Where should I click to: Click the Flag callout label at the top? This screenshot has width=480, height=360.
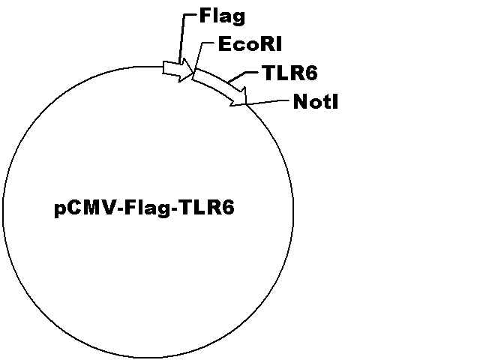pos(222,16)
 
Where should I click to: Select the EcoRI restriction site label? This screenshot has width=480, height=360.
pos(250,43)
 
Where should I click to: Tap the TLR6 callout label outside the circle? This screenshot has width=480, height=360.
pos(290,73)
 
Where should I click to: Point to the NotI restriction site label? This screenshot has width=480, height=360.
pos(316,101)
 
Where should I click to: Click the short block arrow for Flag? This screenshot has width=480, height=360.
pos(178,70)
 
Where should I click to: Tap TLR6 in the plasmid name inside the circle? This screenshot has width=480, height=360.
pos(207,208)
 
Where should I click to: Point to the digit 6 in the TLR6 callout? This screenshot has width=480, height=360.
pos(312,73)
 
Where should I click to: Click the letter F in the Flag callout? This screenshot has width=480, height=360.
pos(205,16)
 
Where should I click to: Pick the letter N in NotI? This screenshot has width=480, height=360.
pos(300,101)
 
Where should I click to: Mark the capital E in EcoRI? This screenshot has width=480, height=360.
pos(224,43)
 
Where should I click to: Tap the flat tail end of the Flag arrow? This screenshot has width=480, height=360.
pos(163,67)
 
